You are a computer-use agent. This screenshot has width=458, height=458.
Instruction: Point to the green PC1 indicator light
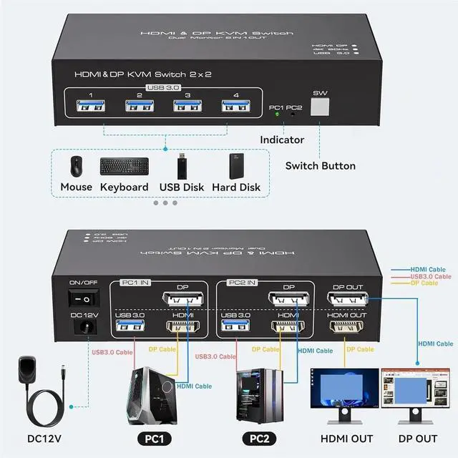pyautogui.click(x=276, y=114)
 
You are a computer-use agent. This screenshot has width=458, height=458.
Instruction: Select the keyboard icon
pyautogui.click(x=124, y=167)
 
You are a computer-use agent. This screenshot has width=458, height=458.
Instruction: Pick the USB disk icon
pyautogui.click(x=183, y=166)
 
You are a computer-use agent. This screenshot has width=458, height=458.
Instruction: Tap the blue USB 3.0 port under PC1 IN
pyautogui.click(x=129, y=328)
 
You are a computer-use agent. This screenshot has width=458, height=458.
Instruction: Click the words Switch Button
pyautogui.click(x=320, y=166)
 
